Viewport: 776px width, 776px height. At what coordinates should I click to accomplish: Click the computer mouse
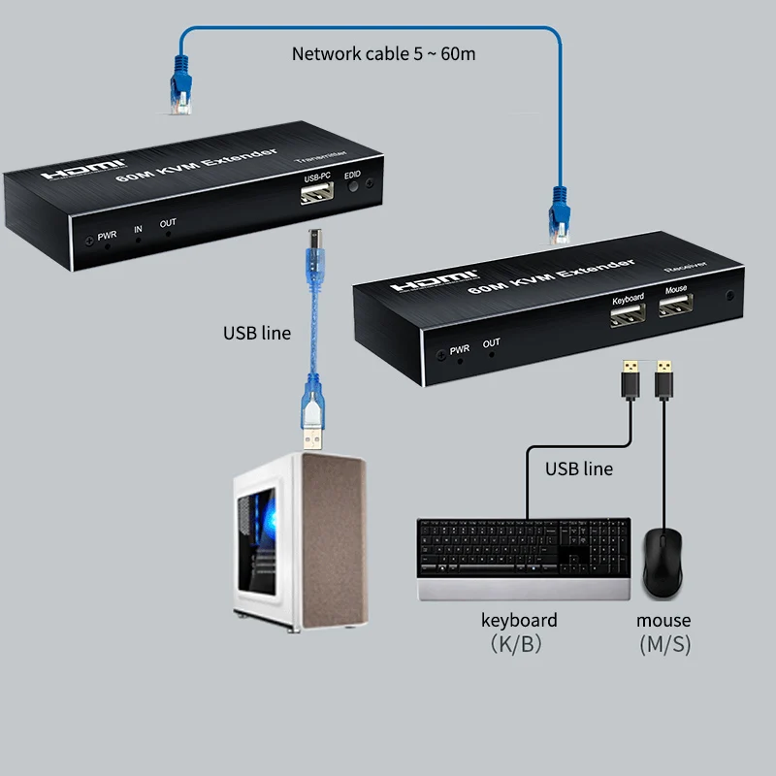[664, 563]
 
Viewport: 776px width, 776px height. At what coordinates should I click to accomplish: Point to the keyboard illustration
[524, 558]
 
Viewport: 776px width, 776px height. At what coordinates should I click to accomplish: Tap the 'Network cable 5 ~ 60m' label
[383, 52]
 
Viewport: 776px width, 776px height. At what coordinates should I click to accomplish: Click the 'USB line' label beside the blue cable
[257, 333]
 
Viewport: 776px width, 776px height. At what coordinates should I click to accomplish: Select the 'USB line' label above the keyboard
[578, 469]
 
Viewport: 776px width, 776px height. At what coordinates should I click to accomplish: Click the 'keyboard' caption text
[519, 620]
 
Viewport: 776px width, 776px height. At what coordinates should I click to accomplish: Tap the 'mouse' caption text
[663, 620]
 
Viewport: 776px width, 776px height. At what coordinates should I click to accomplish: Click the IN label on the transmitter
[138, 230]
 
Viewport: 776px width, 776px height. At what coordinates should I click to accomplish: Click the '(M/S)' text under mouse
[664, 644]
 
